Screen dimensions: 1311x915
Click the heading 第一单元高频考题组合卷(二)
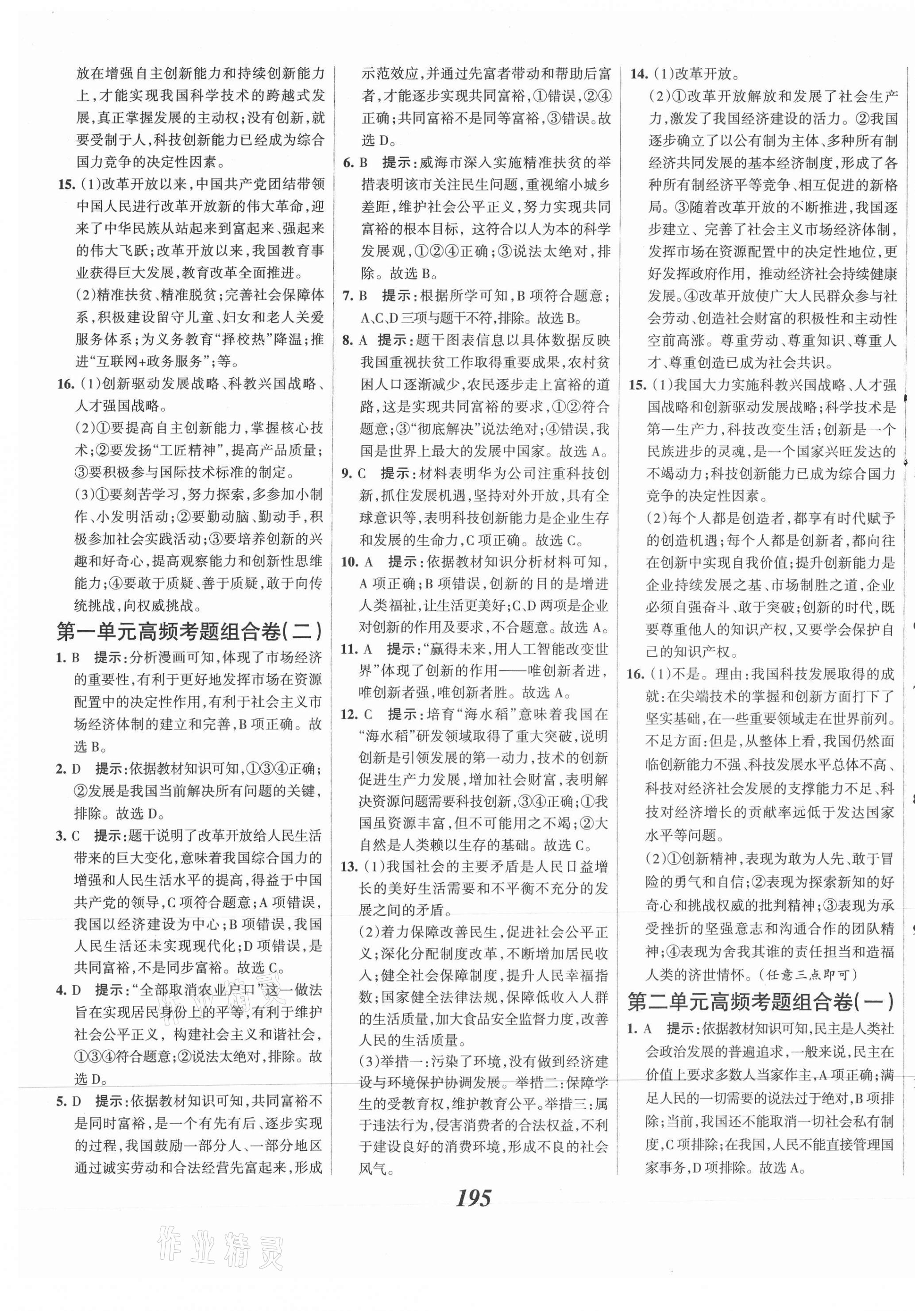point(189,632)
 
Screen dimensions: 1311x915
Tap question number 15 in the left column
point(67,185)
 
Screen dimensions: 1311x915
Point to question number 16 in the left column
point(66,384)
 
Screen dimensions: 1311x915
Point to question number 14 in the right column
point(638,73)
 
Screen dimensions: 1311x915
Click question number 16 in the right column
point(636,675)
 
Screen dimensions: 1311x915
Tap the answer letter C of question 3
point(76,837)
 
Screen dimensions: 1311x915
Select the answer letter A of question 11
point(368,649)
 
